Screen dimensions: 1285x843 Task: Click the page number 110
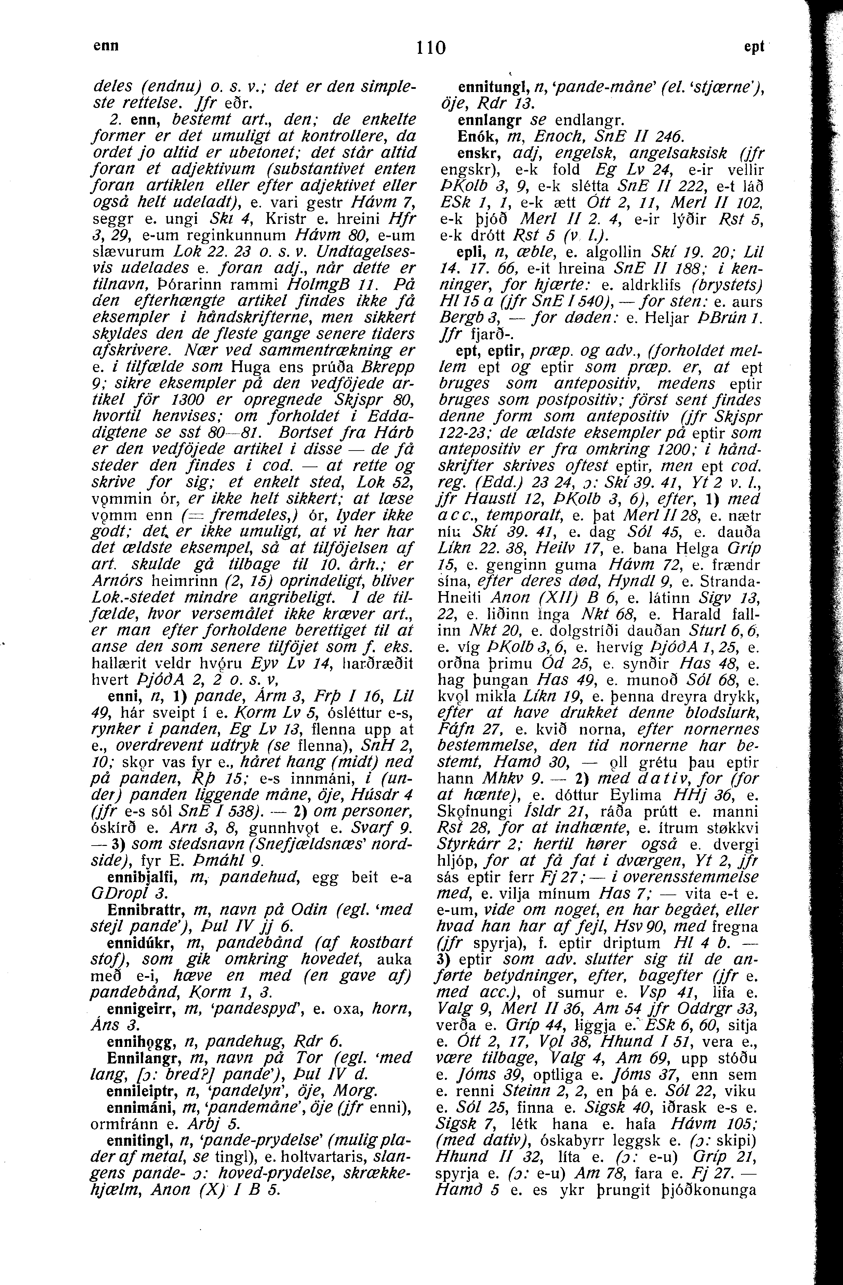pyautogui.click(x=431, y=49)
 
